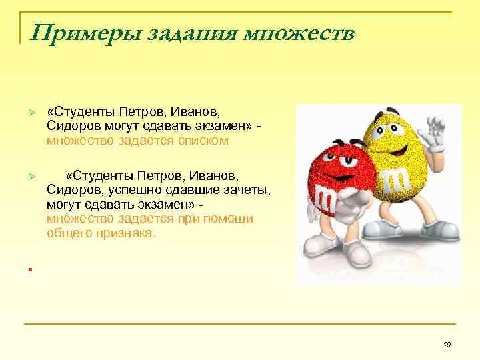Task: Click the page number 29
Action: pos(447,344)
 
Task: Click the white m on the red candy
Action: pos(325,196)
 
